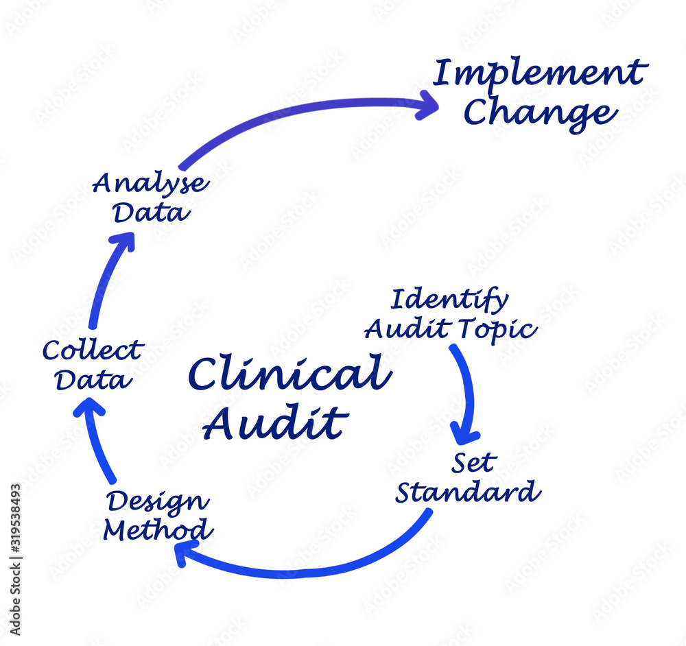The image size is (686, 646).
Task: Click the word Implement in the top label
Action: [540, 74]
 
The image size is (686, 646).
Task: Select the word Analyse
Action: [152, 183]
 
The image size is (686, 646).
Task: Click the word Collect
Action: [92, 350]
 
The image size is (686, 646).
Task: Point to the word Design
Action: [158, 502]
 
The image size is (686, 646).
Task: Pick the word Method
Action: [158, 530]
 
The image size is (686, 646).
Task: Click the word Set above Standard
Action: [473, 464]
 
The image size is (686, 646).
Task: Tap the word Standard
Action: [468, 492]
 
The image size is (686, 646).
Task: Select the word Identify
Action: [449, 300]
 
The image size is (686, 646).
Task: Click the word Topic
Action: [498, 330]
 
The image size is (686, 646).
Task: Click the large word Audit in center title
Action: [274, 423]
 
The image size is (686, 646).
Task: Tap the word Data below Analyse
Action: [151, 213]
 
